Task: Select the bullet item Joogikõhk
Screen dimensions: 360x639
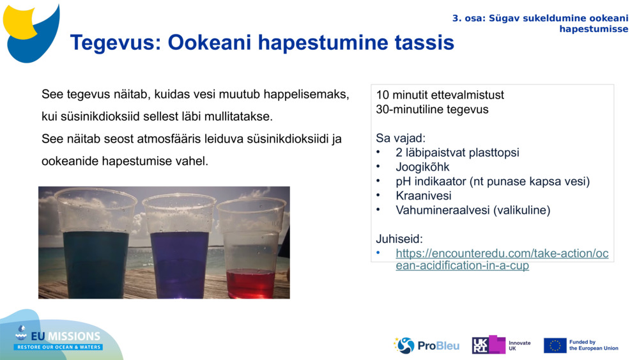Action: coord(422,167)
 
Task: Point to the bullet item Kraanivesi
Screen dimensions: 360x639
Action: coord(424,196)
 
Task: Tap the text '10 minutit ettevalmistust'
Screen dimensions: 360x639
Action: coord(440,95)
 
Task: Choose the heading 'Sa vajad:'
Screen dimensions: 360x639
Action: coord(401,138)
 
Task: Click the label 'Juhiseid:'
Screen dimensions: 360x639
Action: coord(399,239)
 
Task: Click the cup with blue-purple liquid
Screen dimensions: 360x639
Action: coord(180,246)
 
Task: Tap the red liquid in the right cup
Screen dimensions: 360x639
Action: coord(250,283)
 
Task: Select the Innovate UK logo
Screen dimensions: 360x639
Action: coord(501,345)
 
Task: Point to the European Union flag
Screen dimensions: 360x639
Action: coord(555,345)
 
